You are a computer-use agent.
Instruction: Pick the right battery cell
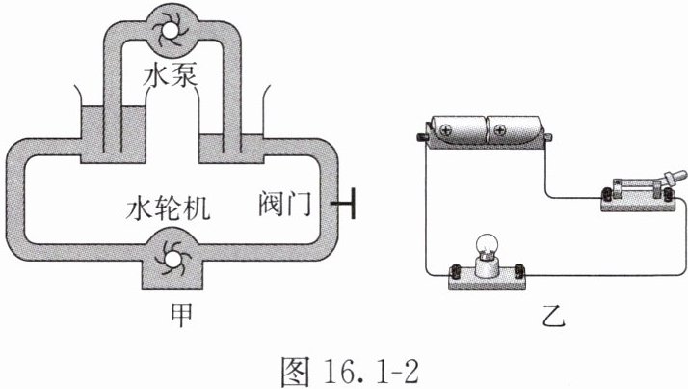pos(516,128)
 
